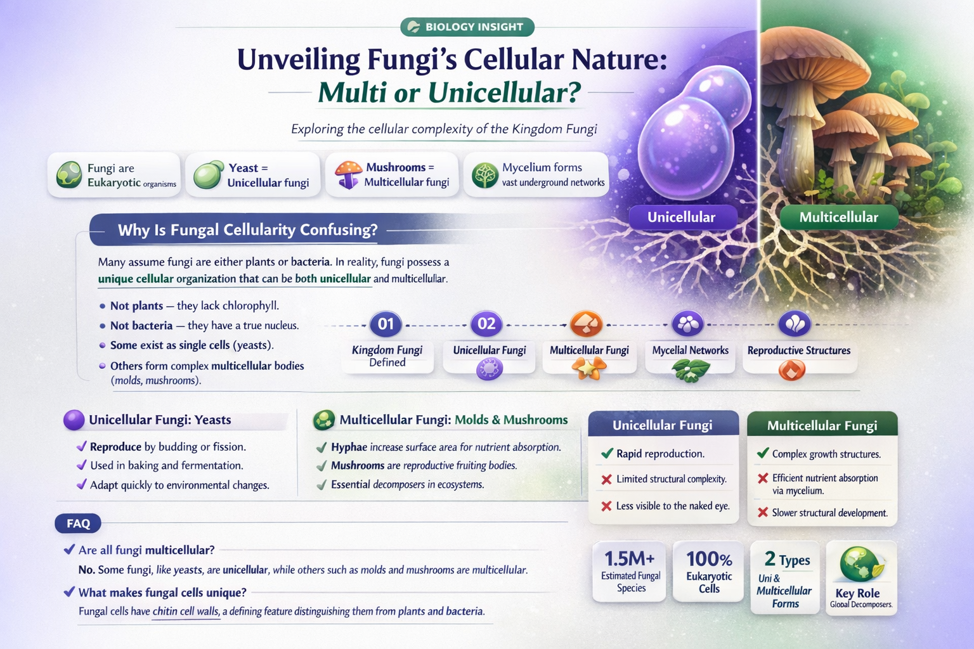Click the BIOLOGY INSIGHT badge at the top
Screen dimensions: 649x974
coord(467,27)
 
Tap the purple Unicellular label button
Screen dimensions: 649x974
coord(681,217)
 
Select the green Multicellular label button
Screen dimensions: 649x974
coord(838,217)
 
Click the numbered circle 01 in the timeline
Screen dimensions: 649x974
coord(386,324)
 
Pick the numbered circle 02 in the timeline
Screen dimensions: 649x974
coord(486,324)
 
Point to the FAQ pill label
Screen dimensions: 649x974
coord(78,524)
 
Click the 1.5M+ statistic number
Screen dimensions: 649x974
coord(629,558)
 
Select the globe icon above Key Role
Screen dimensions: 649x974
coord(860,564)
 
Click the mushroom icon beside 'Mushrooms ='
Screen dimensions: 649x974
coord(347,174)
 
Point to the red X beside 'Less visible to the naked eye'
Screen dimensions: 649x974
coord(606,506)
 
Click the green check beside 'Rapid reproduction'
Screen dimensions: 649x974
coord(607,453)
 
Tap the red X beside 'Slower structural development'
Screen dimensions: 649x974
coord(763,512)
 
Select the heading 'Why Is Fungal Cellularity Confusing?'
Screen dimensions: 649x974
coord(247,229)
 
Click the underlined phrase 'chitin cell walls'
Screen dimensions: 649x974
coord(186,612)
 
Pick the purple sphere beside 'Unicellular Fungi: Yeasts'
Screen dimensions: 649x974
coord(74,420)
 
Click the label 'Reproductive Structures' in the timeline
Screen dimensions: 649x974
coord(798,350)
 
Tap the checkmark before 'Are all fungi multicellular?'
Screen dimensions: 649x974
coord(69,549)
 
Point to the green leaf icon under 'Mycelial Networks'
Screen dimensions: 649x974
coord(690,370)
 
